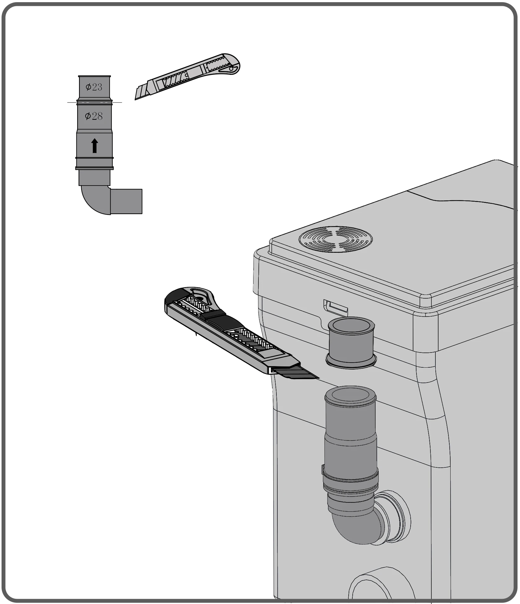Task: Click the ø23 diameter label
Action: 94,87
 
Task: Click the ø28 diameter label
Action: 94,116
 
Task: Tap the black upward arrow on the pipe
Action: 95,146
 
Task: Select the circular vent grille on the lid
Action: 336,239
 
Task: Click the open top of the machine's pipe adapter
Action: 350,396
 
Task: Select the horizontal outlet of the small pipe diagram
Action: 126,201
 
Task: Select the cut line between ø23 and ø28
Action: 95,102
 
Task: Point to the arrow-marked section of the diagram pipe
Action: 95,145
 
